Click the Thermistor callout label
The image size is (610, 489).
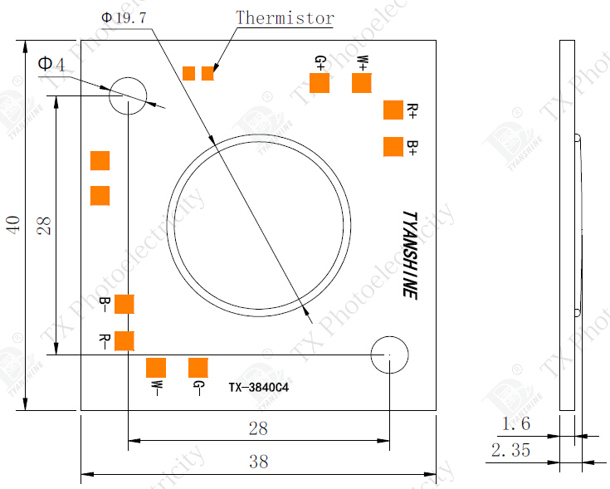point(285,17)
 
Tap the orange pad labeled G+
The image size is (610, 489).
point(320,83)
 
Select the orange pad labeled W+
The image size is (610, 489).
point(361,83)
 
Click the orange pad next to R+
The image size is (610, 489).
point(393,110)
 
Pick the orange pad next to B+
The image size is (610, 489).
point(393,147)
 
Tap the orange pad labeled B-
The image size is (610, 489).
point(124,303)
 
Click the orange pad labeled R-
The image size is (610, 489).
point(124,340)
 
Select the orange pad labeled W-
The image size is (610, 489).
point(156,368)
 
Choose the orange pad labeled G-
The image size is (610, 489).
point(198,368)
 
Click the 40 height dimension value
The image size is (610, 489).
point(13,225)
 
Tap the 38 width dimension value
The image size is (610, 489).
point(259,462)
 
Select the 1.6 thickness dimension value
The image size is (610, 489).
point(515,424)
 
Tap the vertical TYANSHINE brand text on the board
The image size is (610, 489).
point(409,254)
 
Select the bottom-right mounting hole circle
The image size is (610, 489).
point(389,355)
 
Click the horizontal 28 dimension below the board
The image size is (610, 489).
point(259,428)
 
